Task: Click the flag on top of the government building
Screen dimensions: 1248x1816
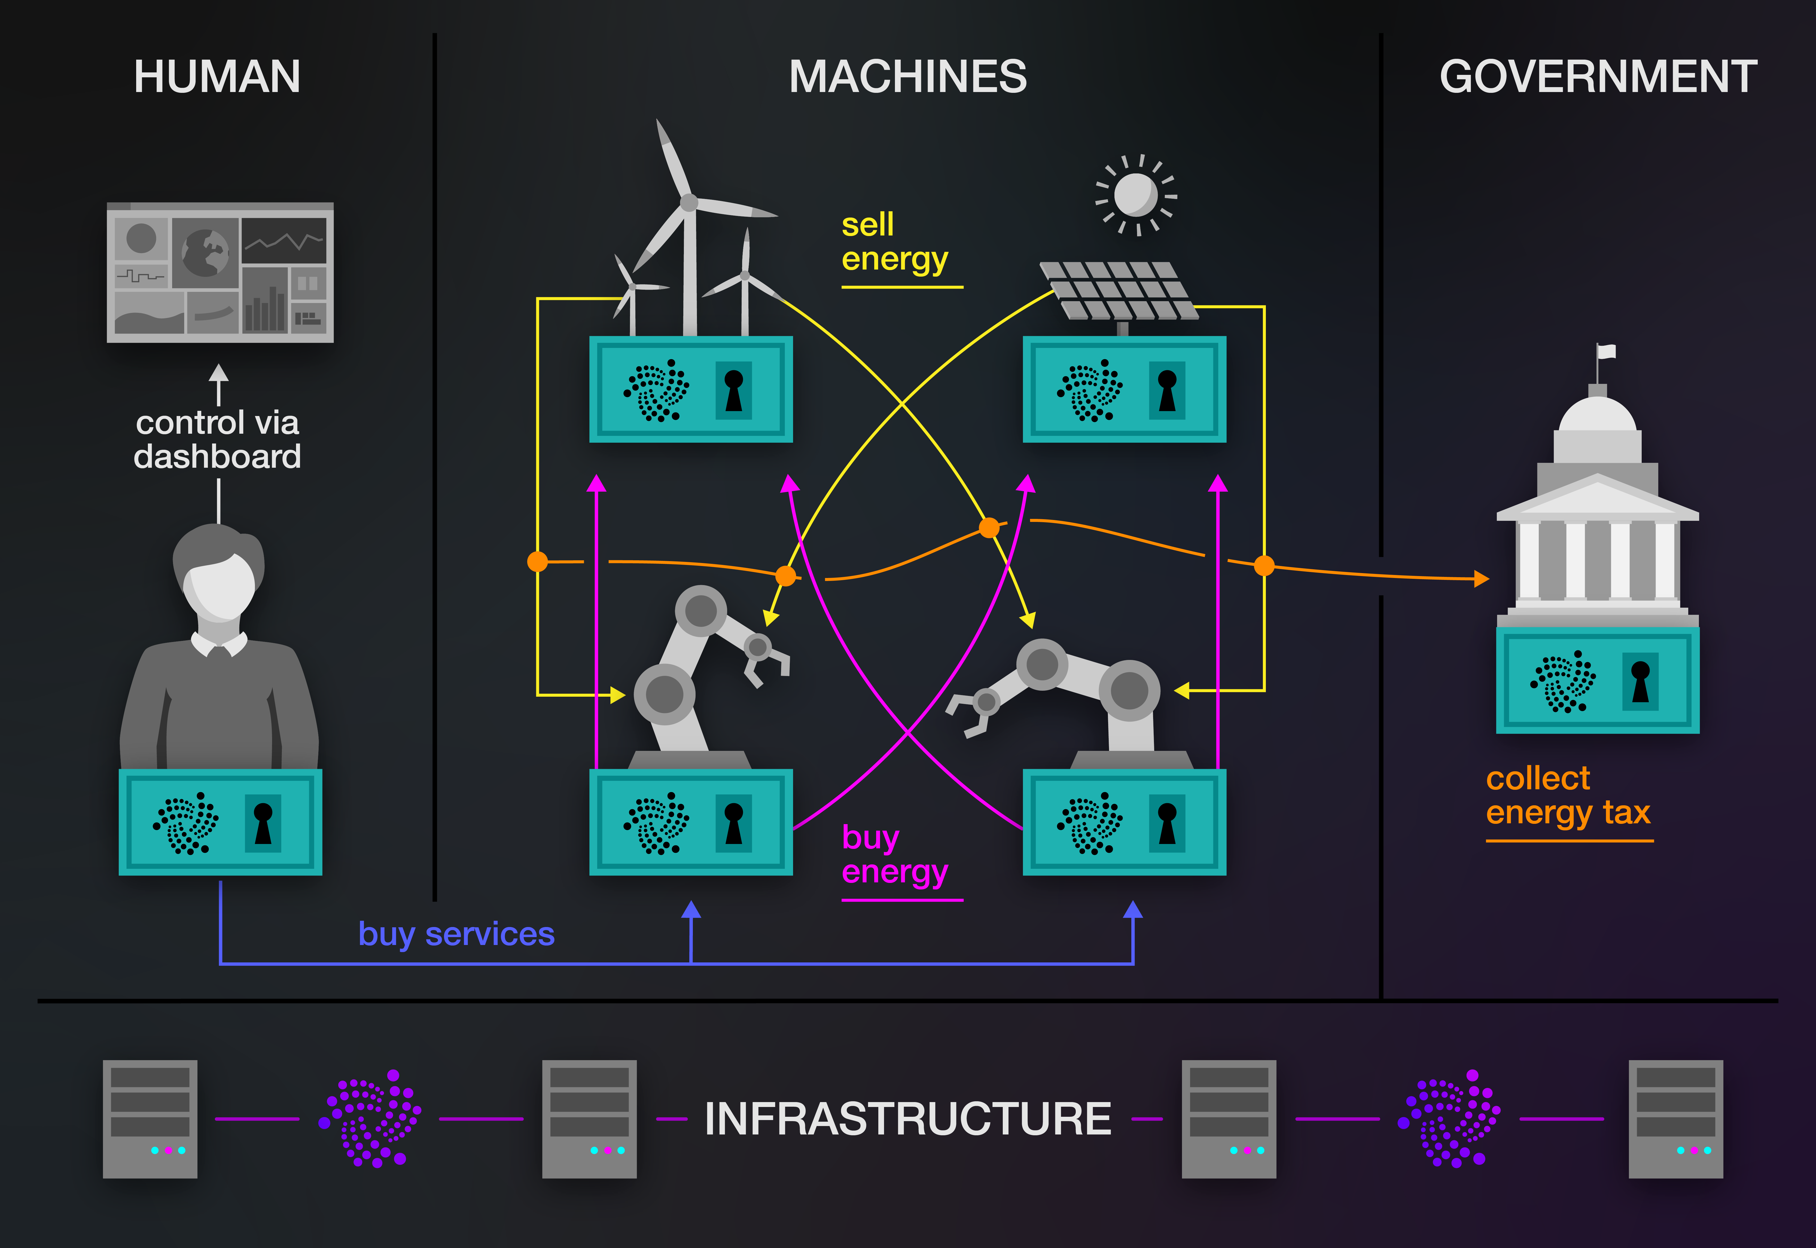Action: point(1606,352)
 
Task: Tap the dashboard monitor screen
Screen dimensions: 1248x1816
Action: point(220,272)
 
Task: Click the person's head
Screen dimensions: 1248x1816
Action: point(219,575)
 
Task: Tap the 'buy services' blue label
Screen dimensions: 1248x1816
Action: point(456,934)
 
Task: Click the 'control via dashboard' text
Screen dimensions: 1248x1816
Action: point(217,439)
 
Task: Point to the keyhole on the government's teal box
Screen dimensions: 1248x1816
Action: point(1640,680)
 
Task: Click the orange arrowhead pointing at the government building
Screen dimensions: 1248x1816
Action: point(1480,579)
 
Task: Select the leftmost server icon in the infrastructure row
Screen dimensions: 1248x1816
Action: point(150,1118)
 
